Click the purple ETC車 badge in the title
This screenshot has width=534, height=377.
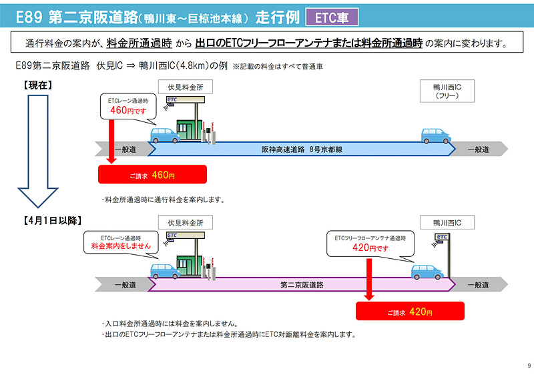coord(331,16)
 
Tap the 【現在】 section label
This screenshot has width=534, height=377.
coord(38,85)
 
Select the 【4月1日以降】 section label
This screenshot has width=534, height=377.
coord(53,220)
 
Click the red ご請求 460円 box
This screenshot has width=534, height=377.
coord(152,175)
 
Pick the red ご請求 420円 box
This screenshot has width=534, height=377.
coord(409,312)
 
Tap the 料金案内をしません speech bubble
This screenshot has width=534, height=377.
coord(121,242)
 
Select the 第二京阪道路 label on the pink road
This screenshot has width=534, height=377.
coord(302,285)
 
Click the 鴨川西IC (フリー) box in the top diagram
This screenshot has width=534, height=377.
coord(443,91)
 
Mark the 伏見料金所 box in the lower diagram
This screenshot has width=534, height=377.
coord(185,222)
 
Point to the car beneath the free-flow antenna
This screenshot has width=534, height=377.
coord(426,272)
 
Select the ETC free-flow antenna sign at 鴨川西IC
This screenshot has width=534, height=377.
coord(441,237)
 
